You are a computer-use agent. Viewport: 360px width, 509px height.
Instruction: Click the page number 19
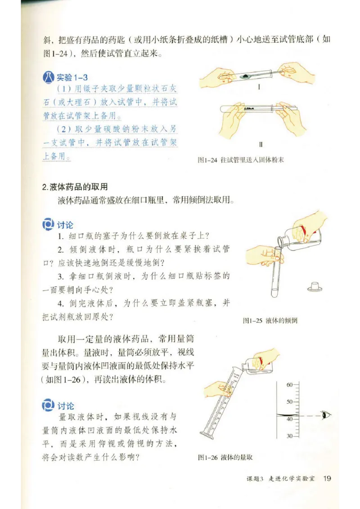327,478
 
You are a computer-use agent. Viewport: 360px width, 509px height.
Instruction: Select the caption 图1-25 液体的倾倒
270,321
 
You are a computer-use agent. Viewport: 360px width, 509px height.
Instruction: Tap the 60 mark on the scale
289,385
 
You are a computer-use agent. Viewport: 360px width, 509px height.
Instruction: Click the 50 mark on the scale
289,402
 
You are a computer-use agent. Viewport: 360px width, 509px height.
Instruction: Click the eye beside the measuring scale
325,415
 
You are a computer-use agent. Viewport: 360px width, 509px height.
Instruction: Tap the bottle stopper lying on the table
314,286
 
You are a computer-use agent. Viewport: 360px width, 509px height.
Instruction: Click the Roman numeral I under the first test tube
260,88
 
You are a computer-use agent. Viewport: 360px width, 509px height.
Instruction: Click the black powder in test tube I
247,77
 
